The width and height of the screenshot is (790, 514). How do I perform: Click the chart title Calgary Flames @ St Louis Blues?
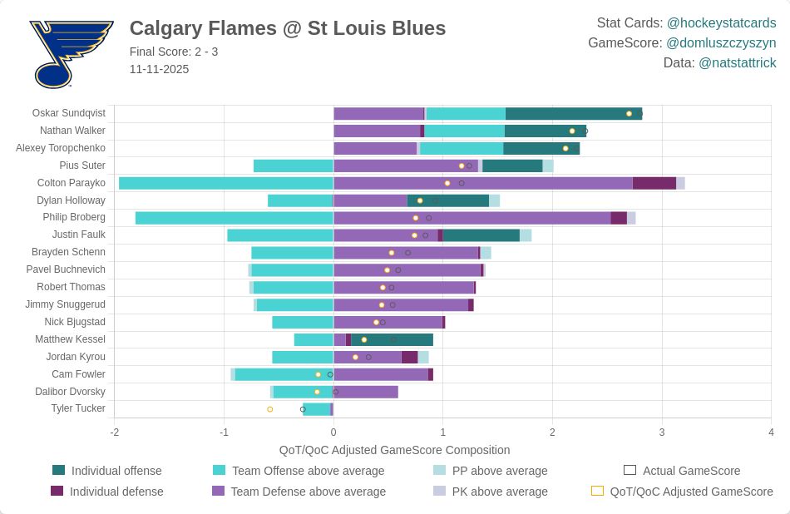(x=288, y=28)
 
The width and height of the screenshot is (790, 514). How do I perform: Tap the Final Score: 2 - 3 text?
(x=174, y=52)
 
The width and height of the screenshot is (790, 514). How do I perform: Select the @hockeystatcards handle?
(x=721, y=22)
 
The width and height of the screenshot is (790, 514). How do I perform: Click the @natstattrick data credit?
(x=737, y=62)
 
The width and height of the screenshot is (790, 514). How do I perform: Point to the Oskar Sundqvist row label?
(x=69, y=113)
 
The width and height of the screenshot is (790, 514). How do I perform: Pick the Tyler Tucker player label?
(x=78, y=408)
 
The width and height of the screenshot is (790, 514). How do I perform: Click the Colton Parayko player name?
(x=72, y=183)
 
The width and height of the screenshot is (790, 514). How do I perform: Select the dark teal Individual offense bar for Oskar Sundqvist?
(x=573, y=113)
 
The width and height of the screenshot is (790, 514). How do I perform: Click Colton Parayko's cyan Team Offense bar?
(x=226, y=183)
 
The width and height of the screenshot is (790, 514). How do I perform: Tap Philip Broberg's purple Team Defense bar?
(x=472, y=218)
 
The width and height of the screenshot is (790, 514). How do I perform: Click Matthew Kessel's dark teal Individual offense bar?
(x=392, y=339)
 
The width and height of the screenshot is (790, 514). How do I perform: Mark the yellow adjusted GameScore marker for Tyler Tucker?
(x=270, y=409)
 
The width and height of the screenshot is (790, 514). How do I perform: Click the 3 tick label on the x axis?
(x=662, y=432)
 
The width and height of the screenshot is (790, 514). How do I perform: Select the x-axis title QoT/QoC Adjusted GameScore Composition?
(x=394, y=450)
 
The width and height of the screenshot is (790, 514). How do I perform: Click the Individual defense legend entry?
(x=116, y=492)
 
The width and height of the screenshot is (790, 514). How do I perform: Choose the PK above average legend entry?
(x=500, y=492)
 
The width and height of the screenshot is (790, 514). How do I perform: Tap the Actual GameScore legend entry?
(x=691, y=471)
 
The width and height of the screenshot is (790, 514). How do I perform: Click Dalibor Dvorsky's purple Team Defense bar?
(x=366, y=392)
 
